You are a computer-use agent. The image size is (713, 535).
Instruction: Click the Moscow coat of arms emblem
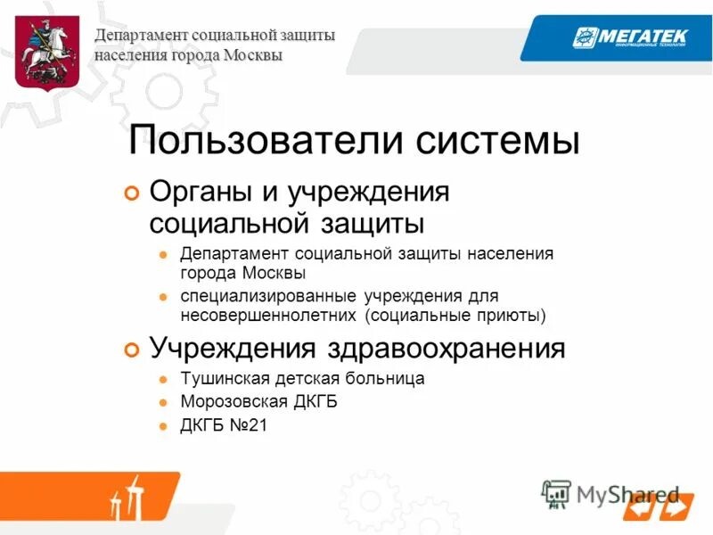click(x=48, y=53)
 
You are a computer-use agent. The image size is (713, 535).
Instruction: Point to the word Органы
click(x=198, y=191)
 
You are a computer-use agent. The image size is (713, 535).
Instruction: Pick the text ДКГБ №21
click(x=224, y=425)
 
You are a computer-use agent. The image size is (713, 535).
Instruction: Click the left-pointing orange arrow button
click(x=639, y=508)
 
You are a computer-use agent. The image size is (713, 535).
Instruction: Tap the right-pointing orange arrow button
click(x=675, y=508)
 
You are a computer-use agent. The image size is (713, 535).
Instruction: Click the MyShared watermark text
click(x=627, y=493)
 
